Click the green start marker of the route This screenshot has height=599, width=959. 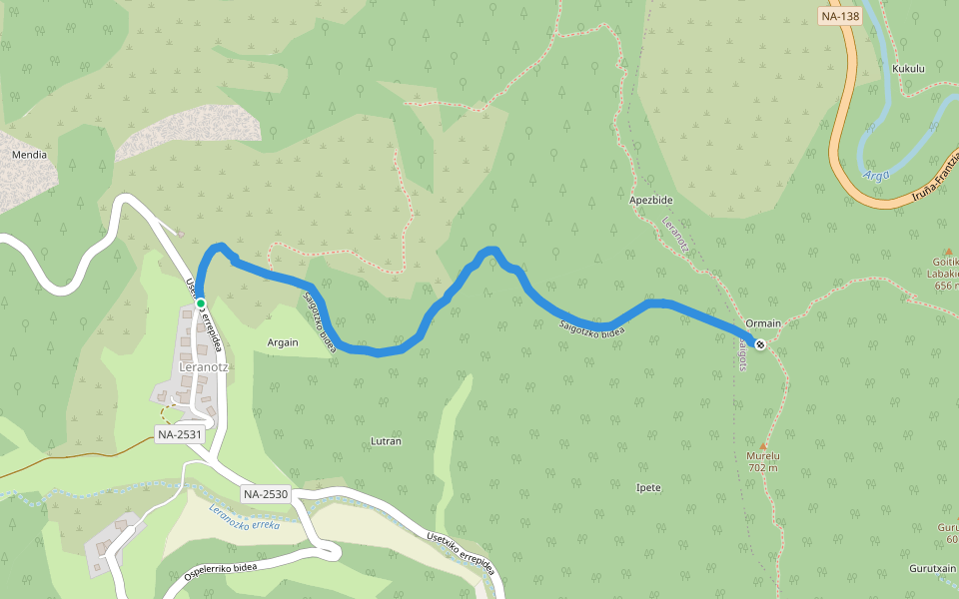tap(201, 302)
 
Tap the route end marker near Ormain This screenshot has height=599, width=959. tap(760, 344)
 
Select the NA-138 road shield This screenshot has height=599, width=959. tap(839, 16)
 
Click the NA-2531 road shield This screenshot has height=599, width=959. tap(180, 434)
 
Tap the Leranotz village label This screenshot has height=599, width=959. tap(203, 366)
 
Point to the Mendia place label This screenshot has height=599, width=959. tap(29, 155)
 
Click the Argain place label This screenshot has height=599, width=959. tap(283, 341)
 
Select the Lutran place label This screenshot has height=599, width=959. tap(386, 440)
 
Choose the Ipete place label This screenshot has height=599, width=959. tap(648, 487)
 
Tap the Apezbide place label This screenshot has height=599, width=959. tap(650, 200)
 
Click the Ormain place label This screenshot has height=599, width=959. tap(763, 323)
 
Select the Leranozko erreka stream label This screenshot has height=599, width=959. tap(245, 518)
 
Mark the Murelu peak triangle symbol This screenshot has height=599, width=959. tap(763, 445)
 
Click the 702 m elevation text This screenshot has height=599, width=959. tap(763, 467)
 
